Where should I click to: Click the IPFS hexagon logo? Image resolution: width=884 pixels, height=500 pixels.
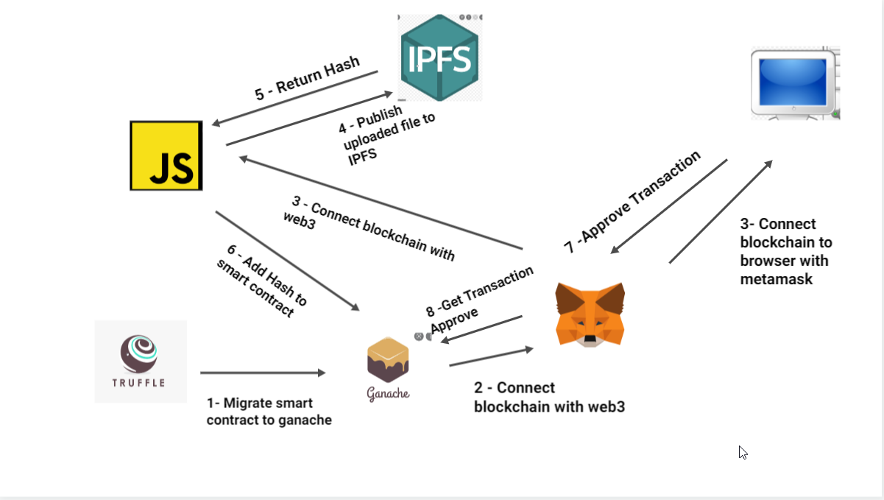[x=439, y=57]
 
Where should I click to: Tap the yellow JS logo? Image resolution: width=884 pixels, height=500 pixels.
[x=166, y=156]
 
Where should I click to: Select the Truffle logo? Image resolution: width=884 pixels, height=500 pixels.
[x=140, y=361]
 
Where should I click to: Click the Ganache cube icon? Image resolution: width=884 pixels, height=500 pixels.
[x=388, y=359]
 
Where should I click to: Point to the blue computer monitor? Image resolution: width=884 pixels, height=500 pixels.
[x=795, y=82]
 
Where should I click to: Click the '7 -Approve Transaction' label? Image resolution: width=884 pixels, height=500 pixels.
[x=632, y=202]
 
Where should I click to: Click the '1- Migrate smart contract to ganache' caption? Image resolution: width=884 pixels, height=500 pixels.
[x=269, y=412]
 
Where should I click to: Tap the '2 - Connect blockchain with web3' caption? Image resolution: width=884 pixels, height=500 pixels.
[x=548, y=397]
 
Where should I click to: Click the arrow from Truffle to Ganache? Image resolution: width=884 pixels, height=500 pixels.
[x=262, y=373]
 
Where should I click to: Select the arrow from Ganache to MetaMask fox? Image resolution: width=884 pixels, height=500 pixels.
[x=490, y=357]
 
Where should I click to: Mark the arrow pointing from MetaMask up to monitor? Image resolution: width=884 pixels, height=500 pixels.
[x=721, y=211]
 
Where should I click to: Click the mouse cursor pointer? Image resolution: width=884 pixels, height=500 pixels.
[x=743, y=452]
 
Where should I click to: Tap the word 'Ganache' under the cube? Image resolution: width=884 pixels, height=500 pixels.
[x=388, y=393]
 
